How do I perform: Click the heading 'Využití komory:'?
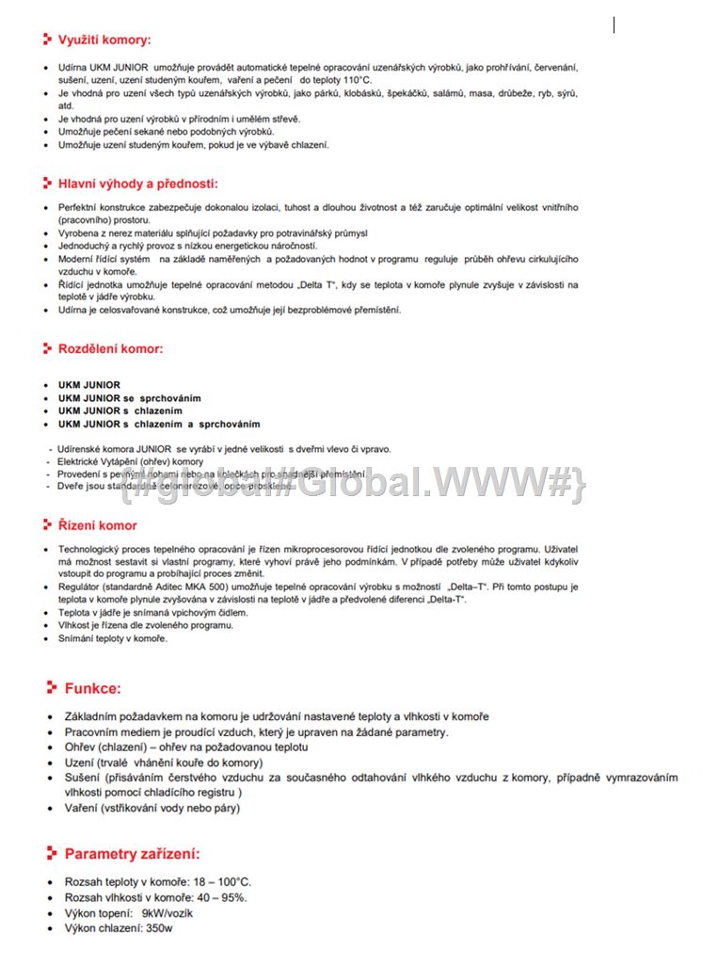[x=104, y=40]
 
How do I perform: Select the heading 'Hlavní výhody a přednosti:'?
[x=137, y=184]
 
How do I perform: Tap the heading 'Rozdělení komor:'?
[x=110, y=348]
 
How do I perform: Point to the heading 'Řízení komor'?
[x=97, y=525]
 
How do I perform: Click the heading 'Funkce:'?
[x=92, y=688]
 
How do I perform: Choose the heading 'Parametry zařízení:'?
[x=132, y=854]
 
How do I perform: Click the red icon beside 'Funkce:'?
[x=52, y=688]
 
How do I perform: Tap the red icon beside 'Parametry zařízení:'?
[x=52, y=854]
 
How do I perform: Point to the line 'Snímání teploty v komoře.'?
[x=113, y=638]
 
